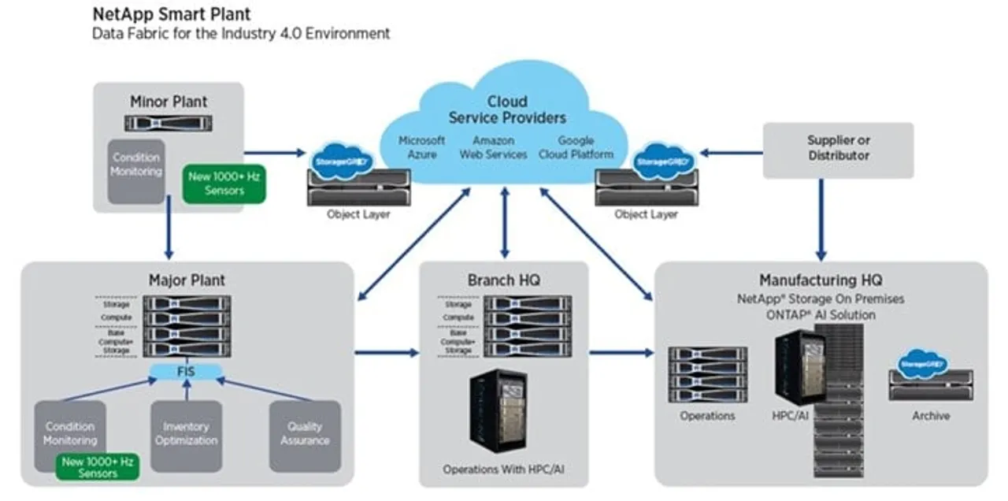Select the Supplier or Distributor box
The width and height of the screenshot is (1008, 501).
pos(838,149)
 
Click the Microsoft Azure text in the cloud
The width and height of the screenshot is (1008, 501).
pos(421,147)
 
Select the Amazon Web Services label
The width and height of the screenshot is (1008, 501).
pos(493,147)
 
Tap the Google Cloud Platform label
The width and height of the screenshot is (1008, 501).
pos(576,147)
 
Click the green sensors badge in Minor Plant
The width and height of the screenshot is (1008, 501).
pos(224,184)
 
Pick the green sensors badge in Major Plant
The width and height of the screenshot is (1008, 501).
pos(98,467)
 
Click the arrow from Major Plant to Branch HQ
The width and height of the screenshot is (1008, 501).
pos(386,352)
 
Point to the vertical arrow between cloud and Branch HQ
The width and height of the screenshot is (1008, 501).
pos(504,222)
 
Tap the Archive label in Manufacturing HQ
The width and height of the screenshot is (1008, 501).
pos(930,416)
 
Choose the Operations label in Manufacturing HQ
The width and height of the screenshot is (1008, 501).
pos(707,416)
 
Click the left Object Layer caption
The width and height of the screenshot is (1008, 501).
pos(358,214)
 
